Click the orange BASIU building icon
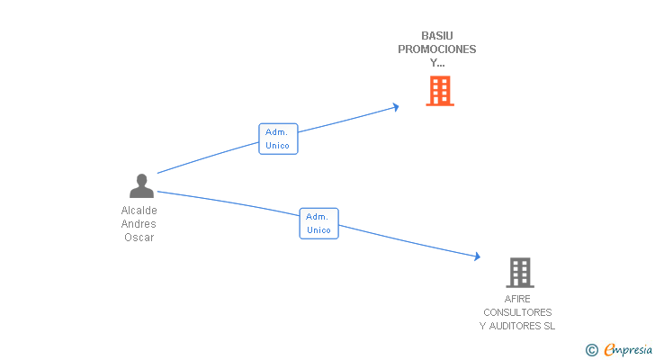439,91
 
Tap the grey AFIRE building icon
519,272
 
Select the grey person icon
141,186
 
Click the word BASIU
437,36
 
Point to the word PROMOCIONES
437,49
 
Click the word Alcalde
139,211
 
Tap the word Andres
139,224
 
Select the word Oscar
139,238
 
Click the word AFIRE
517,299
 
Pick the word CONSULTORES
517,312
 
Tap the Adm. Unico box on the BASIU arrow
278,139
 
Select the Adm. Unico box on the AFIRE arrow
319,223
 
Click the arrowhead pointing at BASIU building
395,107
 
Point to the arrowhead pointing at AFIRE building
477,257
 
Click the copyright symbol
591,350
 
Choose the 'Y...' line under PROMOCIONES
437,63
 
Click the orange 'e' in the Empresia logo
609,349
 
